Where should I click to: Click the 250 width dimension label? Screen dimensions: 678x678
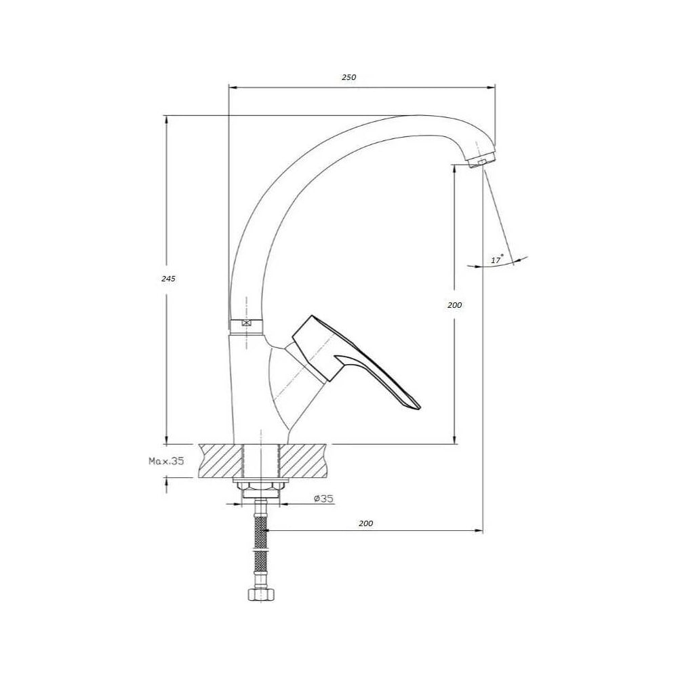[x=349, y=77]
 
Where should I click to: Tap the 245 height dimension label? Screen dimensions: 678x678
[x=168, y=279]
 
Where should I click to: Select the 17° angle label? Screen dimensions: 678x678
[x=497, y=260]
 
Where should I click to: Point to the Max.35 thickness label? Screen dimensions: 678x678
[x=167, y=461]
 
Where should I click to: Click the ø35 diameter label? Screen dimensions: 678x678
[x=323, y=498]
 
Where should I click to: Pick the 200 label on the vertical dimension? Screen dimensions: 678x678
[x=455, y=305]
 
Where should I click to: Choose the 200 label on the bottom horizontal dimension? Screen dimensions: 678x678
[x=366, y=523]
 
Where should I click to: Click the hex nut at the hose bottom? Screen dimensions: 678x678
[x=260, y=594]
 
